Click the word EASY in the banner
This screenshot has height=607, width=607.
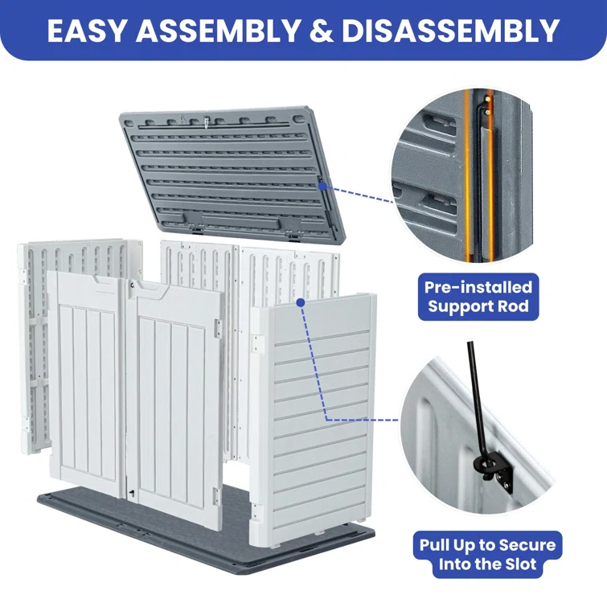[x=87, y=31]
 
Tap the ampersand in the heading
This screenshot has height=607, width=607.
[x=321, y=31]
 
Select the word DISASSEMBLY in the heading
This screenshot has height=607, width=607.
[x=450, y=31]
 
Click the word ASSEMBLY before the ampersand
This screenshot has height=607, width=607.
[x=218, y=31]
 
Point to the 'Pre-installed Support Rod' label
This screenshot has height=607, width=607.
[x=478, y=297]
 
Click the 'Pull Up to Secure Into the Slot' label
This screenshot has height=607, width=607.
[x=487, y=555]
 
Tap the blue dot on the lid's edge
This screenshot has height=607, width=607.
[x=322, y=187]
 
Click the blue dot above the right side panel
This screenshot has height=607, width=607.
[x=301, y=302]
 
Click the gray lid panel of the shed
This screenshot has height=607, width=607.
[x=232, y=174]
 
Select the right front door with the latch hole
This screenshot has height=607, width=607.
[x=175, y=403]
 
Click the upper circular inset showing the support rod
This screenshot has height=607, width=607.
[x=463, y=175]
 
